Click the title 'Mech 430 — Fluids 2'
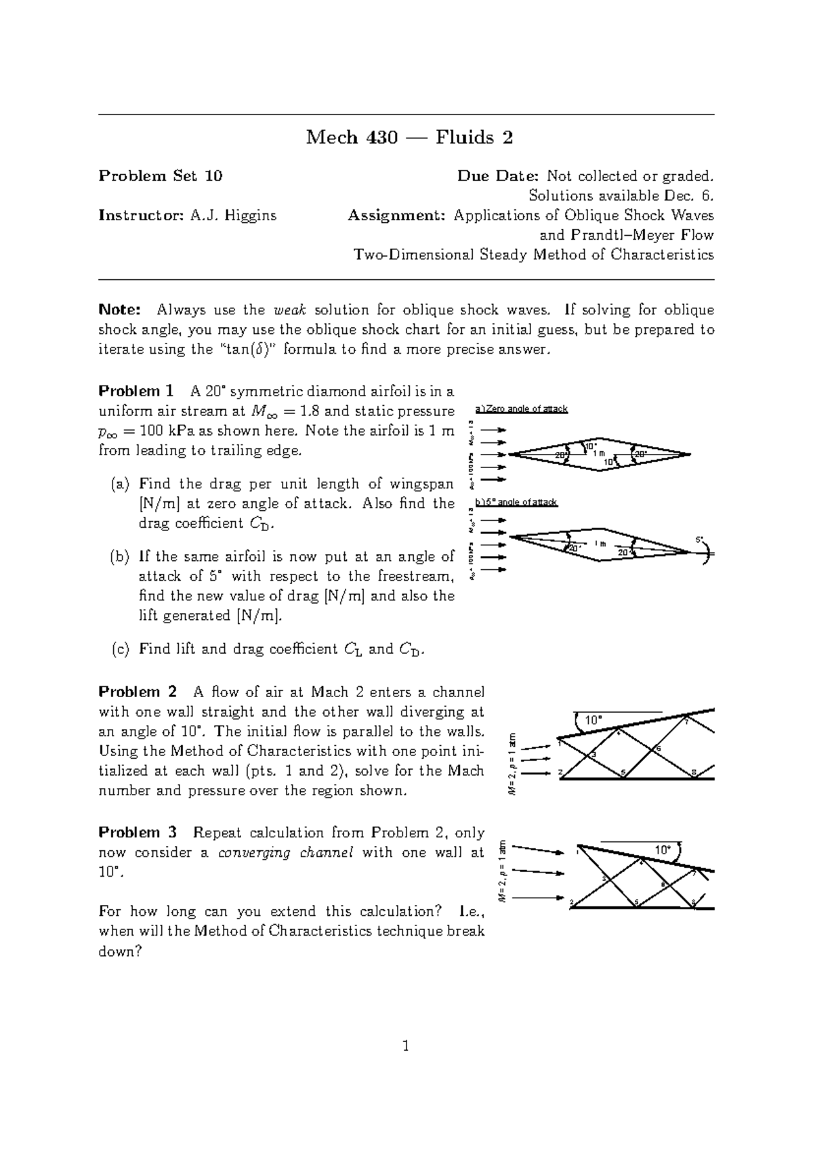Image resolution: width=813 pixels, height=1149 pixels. click(409, 138)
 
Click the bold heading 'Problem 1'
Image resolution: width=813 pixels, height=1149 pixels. click(135, 391)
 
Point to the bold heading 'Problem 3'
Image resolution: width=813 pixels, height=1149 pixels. click(138, 832)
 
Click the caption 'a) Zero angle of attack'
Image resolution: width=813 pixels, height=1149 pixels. click(521, 409)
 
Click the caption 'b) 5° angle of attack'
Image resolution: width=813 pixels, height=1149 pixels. click(516, 502)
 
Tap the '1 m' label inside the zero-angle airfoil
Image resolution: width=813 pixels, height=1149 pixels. click(598, 453)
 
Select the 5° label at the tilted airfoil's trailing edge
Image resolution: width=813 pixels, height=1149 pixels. click(701, 539)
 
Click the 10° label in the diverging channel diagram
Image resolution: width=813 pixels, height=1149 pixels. click(593, 720)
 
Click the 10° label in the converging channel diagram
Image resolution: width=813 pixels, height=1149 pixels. click(662, 850)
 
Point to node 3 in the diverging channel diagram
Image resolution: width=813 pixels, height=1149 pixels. click(594, 754)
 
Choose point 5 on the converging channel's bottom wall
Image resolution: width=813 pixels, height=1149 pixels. click(635, 902)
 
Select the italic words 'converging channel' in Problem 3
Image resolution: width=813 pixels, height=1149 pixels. click(285, 852)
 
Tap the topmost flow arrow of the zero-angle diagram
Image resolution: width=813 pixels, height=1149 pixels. click(497, 430)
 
